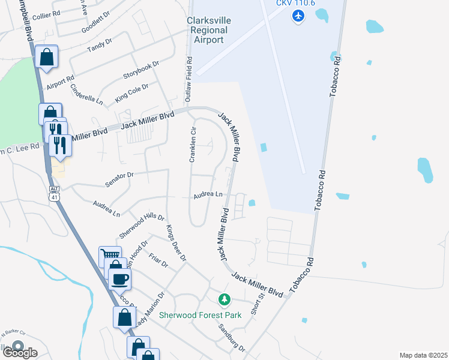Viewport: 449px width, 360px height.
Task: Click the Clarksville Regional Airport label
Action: tap(207, 30)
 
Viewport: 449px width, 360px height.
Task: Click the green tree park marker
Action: tap(224, 299)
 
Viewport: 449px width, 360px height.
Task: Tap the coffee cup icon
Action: tap(119, 278)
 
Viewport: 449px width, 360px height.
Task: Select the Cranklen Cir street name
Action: tap(193, 145)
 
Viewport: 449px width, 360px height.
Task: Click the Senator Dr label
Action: tap(118, 175)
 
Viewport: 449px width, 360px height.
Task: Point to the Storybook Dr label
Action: tap(140, 70)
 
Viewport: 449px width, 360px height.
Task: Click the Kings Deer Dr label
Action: tap(176, 242)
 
